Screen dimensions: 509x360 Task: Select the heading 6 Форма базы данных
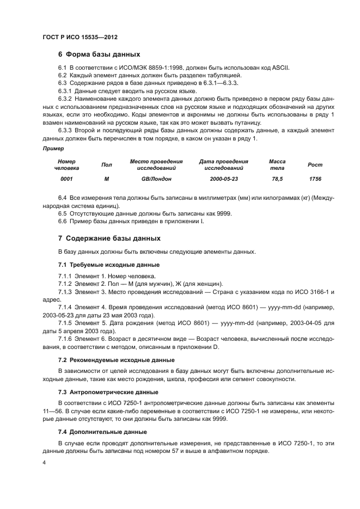(99, 54)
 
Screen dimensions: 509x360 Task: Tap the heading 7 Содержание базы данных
(109, 238)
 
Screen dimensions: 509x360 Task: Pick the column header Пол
(107, 164)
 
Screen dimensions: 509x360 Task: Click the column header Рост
(315, 164)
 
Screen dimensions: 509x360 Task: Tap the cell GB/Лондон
(156, 179)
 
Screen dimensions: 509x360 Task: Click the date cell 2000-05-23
(224, 179)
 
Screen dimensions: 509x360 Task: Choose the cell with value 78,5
(277, 179)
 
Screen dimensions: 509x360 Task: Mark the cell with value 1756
(315, 179)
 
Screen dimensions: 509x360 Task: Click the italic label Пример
(52, 148)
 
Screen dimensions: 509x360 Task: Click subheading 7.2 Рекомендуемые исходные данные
(116, 360)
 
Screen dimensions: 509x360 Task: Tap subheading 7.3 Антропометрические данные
(108, 392)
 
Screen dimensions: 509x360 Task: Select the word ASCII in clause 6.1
(281, 67)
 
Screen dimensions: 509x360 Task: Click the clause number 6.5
(63, 213)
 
